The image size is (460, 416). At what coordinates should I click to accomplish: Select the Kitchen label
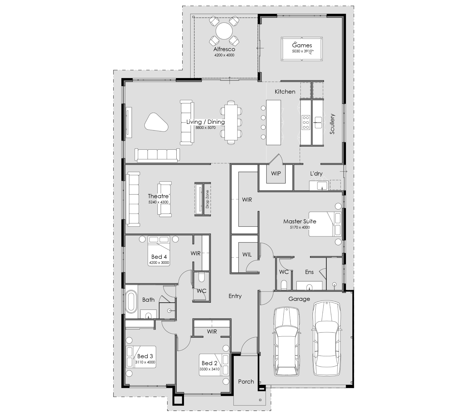285,92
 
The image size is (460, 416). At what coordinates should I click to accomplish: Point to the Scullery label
332,124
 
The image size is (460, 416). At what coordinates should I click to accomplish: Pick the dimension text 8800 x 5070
205,127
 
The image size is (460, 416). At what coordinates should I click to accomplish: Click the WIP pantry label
276,173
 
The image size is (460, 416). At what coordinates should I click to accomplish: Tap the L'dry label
316,173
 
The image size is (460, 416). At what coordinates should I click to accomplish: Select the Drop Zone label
207,199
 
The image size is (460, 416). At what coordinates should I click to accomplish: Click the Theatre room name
158,196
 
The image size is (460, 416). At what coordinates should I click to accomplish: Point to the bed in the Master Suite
325,224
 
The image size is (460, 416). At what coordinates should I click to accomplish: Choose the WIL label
247,255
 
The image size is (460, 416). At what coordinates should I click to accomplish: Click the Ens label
309,272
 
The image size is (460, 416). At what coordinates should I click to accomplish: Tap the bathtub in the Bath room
132,302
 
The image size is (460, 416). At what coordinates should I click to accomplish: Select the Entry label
235,296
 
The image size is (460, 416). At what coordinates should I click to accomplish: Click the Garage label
299,299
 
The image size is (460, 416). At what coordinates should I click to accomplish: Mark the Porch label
246,381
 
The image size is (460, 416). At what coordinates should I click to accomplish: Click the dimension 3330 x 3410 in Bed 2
210,369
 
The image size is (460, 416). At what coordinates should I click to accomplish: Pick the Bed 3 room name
145,356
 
